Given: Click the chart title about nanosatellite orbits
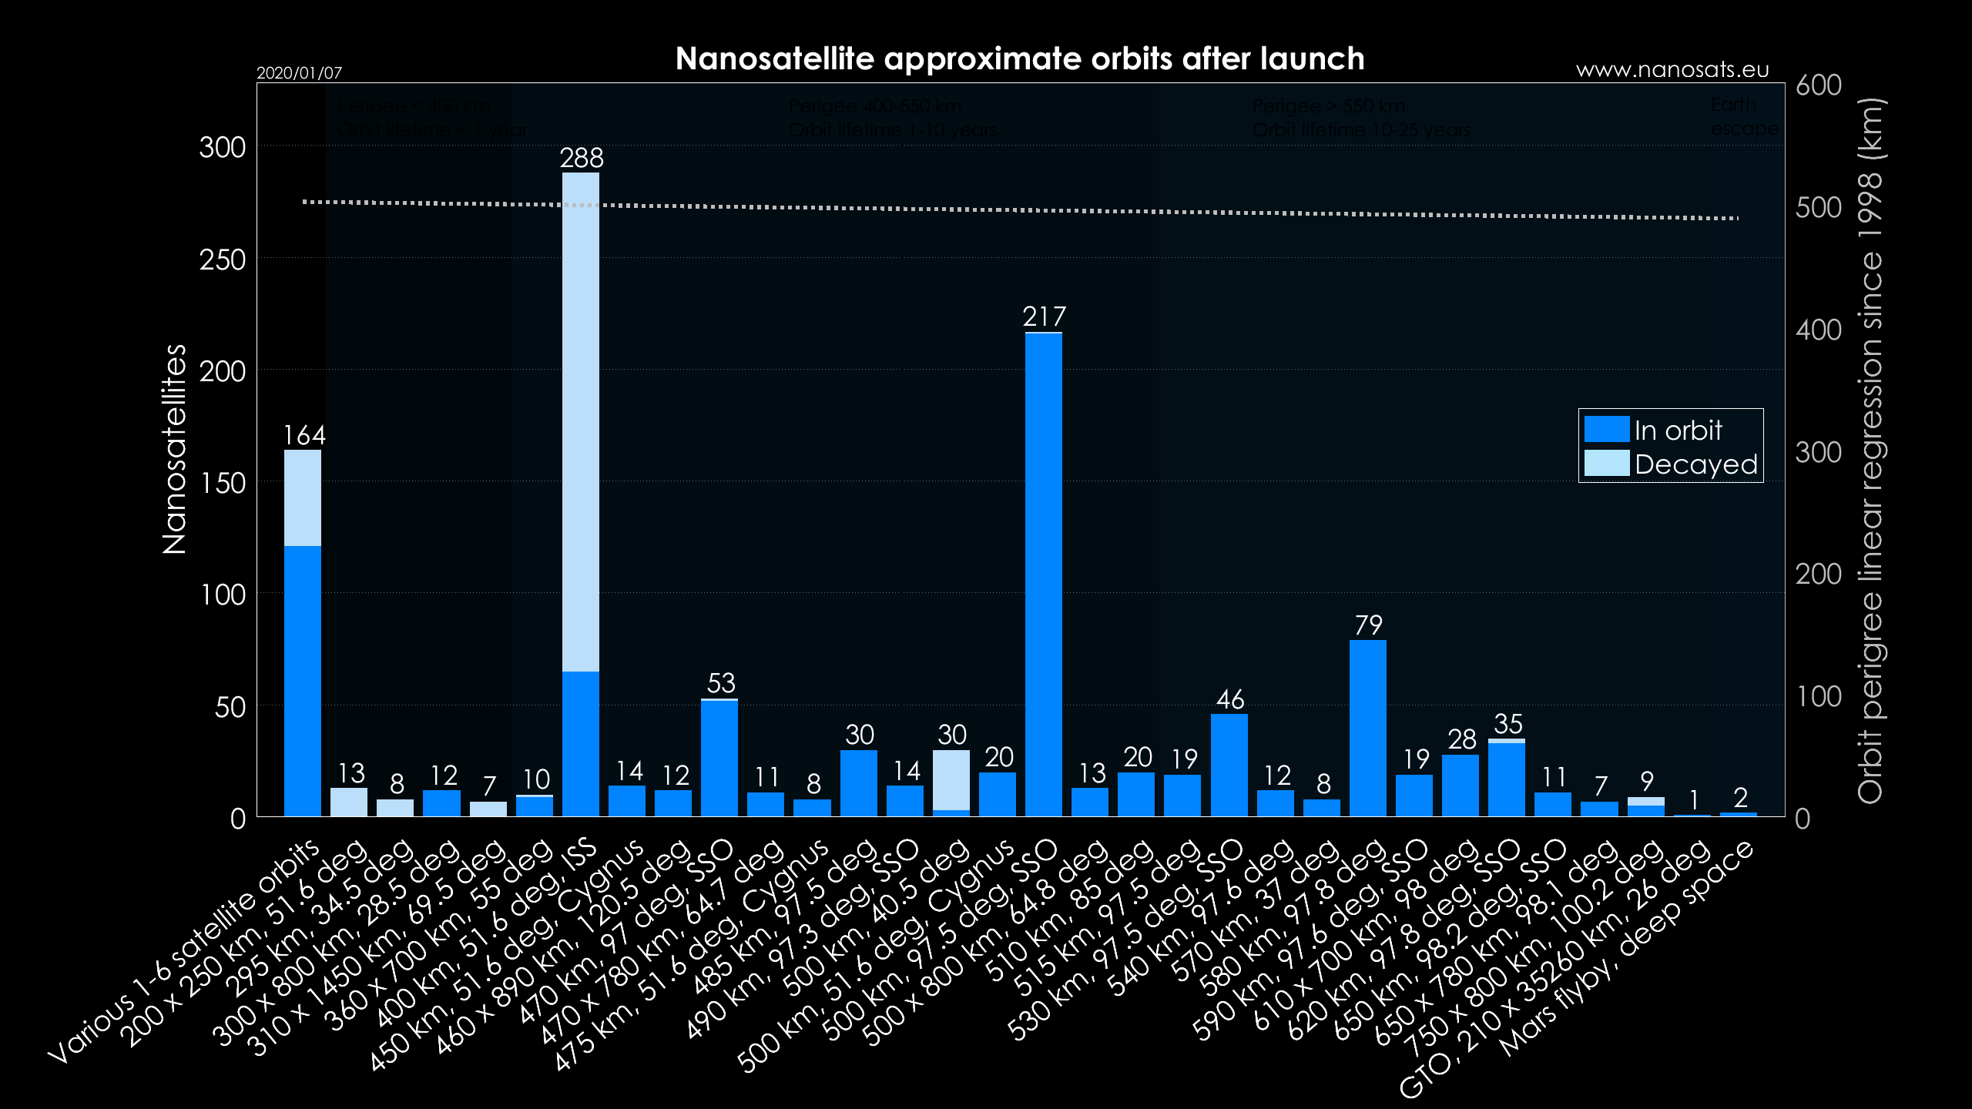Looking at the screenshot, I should [1019, 59].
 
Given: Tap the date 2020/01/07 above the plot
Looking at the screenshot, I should [299, 73].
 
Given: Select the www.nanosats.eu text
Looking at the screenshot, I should [1672, 70].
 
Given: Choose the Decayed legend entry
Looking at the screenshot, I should [1671, 464].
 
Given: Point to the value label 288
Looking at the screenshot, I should [582, 158].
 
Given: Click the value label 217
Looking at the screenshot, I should [1044, 317].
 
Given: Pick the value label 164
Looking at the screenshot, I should [304, 435].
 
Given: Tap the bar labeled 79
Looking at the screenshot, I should [1367, 728].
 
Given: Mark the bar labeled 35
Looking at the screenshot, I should [1506, 778].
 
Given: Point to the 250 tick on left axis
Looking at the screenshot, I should [223, 260].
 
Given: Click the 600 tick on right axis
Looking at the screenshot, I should [1818, 85].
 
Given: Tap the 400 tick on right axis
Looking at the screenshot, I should [1818, 330].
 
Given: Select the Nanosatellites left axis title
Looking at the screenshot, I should [175, 449].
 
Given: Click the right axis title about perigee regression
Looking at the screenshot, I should [1870, 451].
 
